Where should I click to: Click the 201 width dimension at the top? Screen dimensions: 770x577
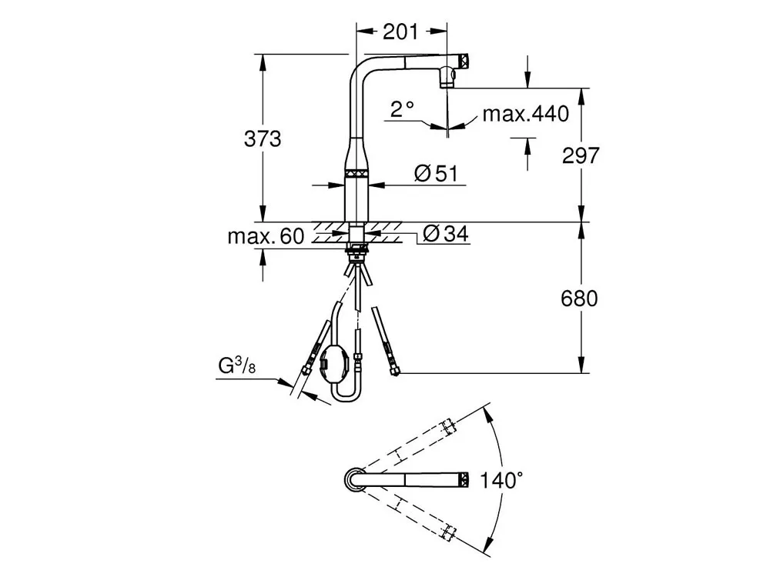[400, 32]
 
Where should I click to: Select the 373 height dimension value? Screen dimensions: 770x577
[263, 138]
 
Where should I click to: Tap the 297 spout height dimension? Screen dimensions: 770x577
[581, 155]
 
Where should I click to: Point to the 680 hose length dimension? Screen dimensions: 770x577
[580, 299]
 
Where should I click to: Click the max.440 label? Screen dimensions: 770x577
[525, 114]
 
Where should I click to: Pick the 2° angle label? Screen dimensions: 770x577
[402, 109]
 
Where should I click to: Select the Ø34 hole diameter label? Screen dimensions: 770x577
[445, 234]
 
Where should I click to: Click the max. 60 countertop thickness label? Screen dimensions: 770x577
[266, 236]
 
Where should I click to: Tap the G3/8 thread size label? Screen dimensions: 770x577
[236, 365]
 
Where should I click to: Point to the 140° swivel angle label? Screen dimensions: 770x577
[500, 480]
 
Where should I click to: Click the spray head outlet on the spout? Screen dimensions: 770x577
[447, 78]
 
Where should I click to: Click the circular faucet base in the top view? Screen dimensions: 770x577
[353, 479]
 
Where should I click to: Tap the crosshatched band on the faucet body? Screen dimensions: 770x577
[357, 173]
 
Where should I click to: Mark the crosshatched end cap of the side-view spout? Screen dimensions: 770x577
[464, 62]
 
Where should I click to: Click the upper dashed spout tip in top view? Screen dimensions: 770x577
[448, 425]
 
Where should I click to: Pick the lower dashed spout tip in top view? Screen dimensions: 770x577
[448, 532]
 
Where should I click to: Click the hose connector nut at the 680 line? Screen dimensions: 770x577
[393, 372]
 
